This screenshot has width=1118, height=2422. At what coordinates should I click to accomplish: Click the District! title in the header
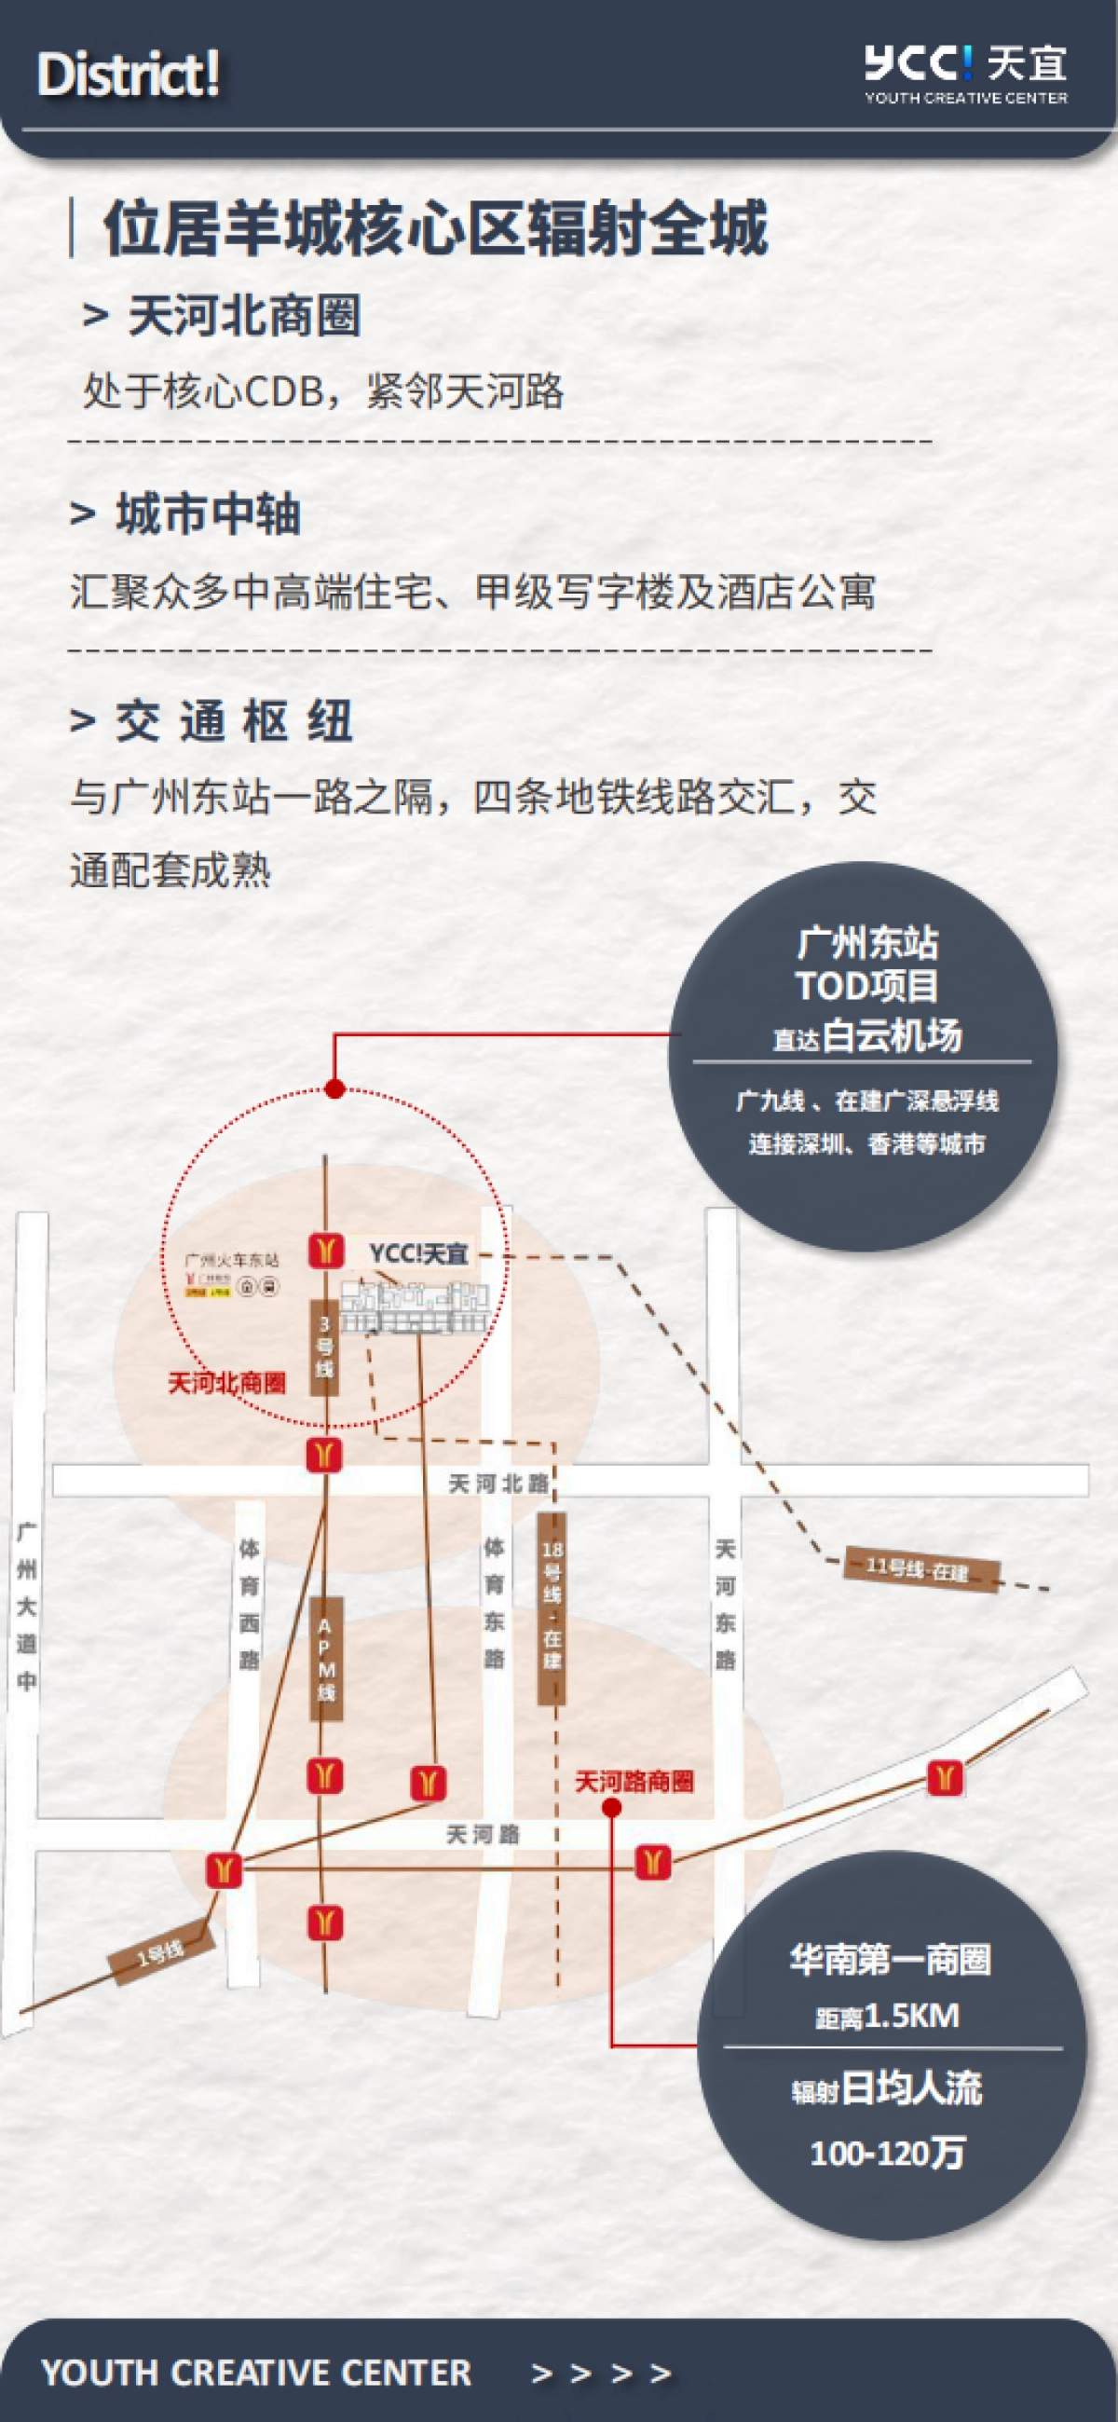[x=129, y=75]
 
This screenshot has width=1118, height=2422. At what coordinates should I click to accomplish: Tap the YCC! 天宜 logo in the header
[x=966, y=74]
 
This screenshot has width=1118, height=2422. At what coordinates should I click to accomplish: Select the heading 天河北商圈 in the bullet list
[x=243, y=315]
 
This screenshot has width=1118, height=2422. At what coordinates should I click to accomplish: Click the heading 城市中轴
[x=208, y=514]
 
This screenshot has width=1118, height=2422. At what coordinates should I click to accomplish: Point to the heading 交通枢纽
[x=234, y=722]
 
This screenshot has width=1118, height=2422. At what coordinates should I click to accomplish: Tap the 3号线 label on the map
[x=324, y=1348]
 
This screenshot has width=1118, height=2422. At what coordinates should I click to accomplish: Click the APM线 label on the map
[x=325, y=1659]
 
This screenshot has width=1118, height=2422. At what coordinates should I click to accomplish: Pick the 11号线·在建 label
[x=919, y=1569]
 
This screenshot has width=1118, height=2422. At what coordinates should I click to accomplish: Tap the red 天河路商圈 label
[x=634, y=1782]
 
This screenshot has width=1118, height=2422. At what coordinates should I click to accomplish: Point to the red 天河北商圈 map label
[x=226, y=1383]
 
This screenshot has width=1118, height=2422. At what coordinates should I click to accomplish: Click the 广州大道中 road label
[x=27, y=1607]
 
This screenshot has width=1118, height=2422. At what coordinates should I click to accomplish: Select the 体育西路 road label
[x=249, y=1603]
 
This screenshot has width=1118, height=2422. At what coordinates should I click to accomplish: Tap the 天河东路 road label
[x=725, y=1603]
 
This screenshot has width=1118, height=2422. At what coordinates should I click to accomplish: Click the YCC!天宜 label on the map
[x=418, y=1254]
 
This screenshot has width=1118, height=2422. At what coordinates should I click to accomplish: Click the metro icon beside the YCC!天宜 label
[x=325, y=1251]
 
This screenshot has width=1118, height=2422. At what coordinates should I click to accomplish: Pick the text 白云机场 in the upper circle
[x=892, y=1035]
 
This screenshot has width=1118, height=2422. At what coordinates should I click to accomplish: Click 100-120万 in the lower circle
[x=888, y=2152]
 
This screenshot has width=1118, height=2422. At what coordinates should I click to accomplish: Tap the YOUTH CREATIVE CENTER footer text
[x=257, y=2374]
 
